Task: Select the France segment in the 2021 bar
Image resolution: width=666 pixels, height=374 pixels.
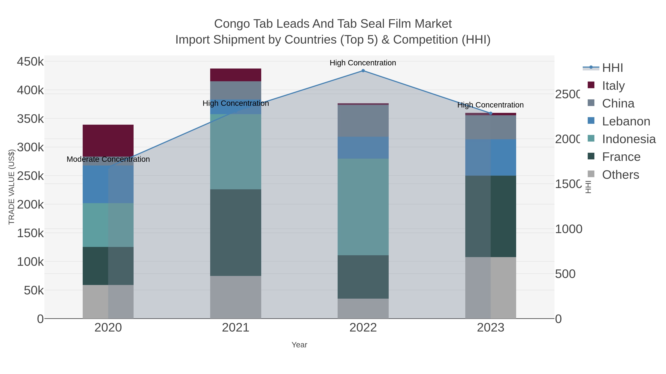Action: [236, 232]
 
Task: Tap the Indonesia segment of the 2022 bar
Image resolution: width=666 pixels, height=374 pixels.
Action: [363, 207]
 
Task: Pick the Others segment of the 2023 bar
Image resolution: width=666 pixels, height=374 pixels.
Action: [490, 288]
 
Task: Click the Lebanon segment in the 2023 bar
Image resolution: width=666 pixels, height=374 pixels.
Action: [490, 157]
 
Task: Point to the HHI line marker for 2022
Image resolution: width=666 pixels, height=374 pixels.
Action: [363, 71]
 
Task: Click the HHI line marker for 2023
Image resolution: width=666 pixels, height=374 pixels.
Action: [490, 113]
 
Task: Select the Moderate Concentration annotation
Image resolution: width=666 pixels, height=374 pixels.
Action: [108, 159]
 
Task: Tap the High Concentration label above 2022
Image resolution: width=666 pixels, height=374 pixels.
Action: [363, 63]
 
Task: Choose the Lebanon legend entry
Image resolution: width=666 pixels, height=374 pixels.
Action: [626, 121]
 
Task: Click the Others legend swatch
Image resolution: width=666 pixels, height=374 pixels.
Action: [591, 174]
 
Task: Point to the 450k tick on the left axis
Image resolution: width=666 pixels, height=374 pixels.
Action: [30, 62]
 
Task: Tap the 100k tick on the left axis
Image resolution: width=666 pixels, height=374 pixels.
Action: [30, 262]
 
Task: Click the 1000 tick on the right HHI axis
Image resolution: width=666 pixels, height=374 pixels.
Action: [569, 229]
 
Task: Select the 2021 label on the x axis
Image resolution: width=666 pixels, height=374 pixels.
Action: [236, 328]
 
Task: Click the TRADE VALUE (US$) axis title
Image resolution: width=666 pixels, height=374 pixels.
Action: [12, 187]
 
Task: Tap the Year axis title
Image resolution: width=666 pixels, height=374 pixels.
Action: [299, 345]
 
